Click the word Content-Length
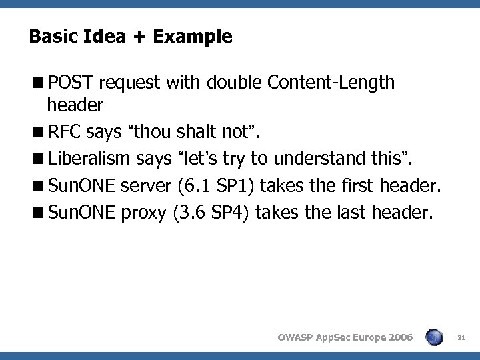[331, 83]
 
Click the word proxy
[145, 213]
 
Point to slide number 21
[461, 338]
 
